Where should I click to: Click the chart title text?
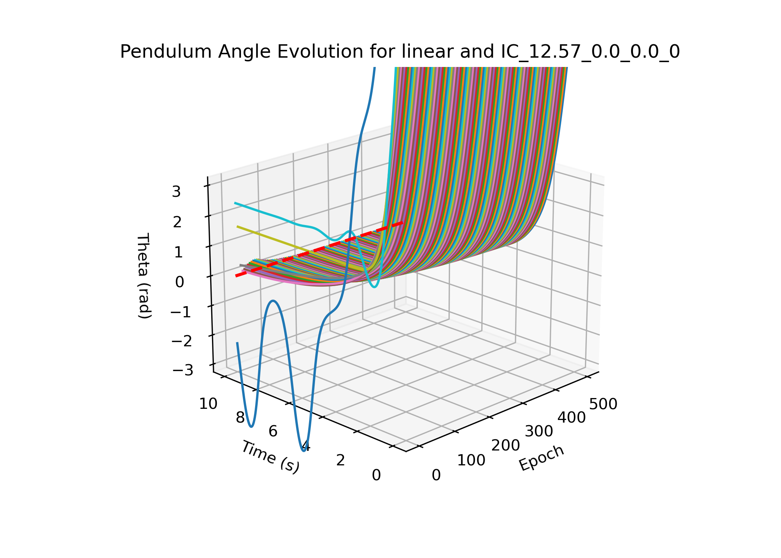[x=400, y=51]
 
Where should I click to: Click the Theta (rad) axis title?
[x=144, y=276]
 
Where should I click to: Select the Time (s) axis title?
[x=270, y=456]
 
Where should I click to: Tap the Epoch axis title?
[x=541, y=458]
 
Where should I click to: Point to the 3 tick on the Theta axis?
[x=176, y=192]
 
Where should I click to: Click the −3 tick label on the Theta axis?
[x=182, y=371]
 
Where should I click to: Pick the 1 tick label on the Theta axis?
[x=178, y=253]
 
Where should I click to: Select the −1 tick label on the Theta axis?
[x=181, y=312]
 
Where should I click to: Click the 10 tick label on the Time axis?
[x=208, y=404]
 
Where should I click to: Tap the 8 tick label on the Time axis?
[x=240, y=418]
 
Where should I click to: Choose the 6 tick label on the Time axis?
[x=273, y=432]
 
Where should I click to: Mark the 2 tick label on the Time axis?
[x=341, y=461]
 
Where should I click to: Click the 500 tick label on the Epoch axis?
[x=603, y=404]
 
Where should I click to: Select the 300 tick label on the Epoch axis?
[x=539, y=432]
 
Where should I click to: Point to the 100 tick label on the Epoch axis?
[x=471, y=461]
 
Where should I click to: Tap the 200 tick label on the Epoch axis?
[x=505, y=445]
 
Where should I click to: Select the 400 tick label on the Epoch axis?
[x=572, y=418]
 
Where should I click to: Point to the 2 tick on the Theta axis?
[x=177, y=222]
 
